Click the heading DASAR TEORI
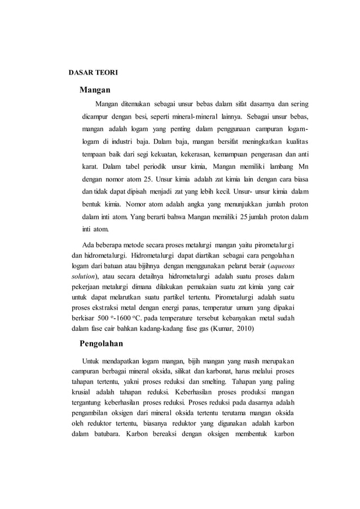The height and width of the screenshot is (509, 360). pyautogui.click(x=93, y=72)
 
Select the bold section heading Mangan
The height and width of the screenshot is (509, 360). pyautogui.click(x=94, y=90)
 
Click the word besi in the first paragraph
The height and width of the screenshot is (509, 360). pyautogui.click(x=134, y=118)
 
